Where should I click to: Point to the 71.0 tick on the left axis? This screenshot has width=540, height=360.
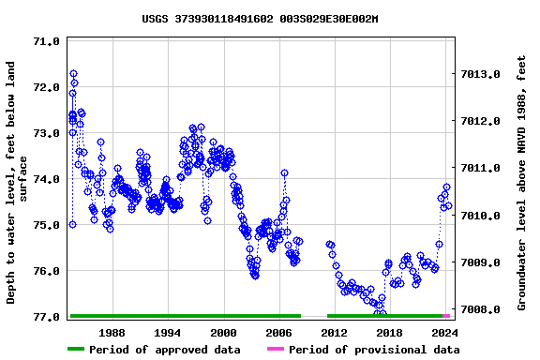coord(46,41)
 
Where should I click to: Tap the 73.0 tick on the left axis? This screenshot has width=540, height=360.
coord(46,133)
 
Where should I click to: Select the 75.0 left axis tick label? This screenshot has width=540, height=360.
coord(46,225)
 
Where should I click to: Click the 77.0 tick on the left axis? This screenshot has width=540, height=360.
coord(46,317)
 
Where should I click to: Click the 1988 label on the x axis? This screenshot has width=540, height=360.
coord(112,333)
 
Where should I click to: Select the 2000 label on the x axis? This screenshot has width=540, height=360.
coord(223,333)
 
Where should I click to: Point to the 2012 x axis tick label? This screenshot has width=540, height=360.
coord(334,333)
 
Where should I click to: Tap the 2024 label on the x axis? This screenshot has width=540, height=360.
coord(443,333)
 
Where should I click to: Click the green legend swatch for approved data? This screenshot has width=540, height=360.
coord(87,350)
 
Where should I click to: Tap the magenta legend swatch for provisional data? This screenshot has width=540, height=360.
coord(275,350)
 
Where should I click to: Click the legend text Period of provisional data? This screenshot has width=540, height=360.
coord(374,350)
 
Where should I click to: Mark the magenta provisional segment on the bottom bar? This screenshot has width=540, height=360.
coord(447,316)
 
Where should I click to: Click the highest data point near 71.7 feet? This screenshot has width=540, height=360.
coord(73,73)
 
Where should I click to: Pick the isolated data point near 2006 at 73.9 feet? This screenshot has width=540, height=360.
coord(284,173)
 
